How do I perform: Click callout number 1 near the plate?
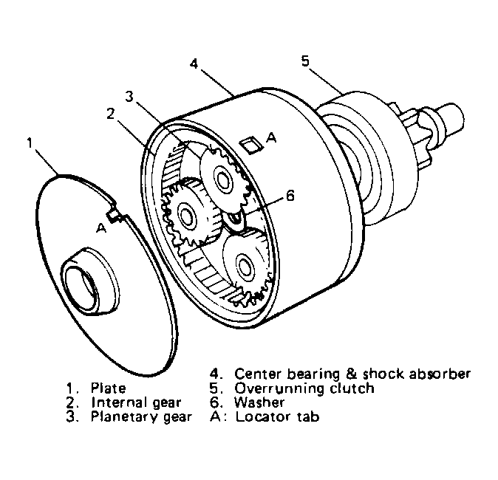30,143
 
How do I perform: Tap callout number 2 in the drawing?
110,114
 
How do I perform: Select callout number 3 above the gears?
129,97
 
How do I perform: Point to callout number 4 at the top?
194,64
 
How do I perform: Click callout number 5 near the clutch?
305,61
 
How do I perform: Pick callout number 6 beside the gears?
290,196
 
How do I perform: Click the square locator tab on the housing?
251,145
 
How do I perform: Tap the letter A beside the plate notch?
101,227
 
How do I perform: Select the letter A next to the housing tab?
271,137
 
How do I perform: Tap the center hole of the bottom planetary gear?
244,267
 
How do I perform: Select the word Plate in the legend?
109,388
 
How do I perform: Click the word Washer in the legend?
259,402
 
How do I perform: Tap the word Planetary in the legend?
124,416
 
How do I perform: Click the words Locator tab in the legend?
277,416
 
